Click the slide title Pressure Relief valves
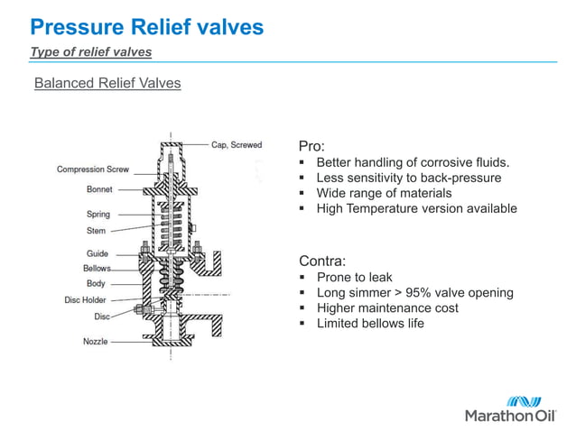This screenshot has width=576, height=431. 146,27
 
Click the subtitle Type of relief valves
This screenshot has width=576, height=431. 90,51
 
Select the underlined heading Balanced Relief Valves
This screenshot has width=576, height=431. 107,84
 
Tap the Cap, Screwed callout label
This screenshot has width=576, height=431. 237,144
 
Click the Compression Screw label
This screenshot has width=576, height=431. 93,170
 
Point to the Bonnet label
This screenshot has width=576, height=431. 99,190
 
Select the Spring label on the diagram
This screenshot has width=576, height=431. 98,215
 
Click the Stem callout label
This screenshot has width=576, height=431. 96,231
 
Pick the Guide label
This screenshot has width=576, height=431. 98,254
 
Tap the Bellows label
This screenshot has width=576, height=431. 98,269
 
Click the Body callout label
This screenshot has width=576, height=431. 96,284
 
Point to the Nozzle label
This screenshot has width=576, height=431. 96,342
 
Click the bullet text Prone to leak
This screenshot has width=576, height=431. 354,278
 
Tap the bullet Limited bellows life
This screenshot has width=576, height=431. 370,324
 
